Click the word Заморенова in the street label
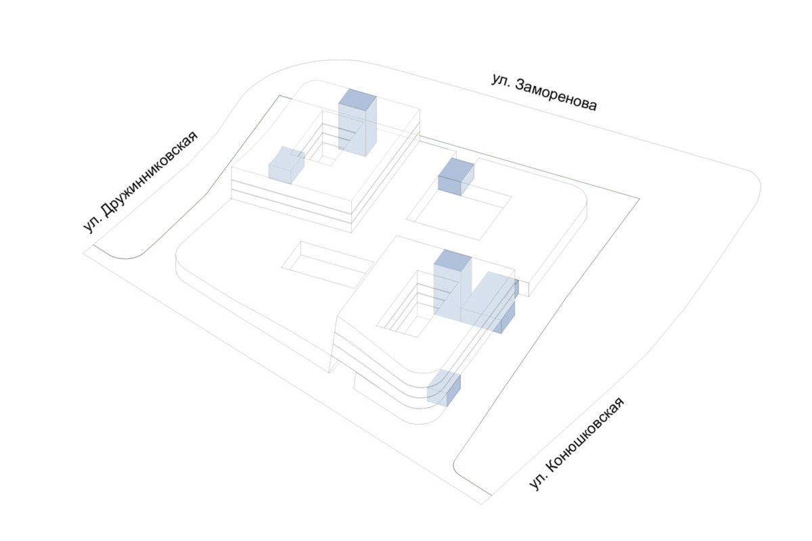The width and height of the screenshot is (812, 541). [x=556, y=95]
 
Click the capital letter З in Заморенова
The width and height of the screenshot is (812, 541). [x=520, y=86]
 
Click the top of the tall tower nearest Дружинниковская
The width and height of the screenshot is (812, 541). [x=357, y=100]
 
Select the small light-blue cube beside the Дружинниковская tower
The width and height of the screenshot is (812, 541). [x=286, y=164]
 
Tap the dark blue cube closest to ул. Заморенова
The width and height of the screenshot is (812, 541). [x=456, y=177]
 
